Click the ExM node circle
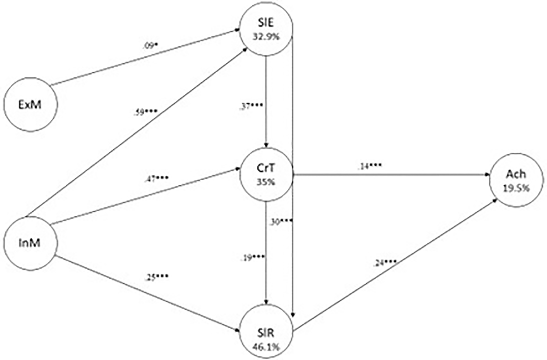[x=30, y=105]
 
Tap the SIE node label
[x=266, y=23]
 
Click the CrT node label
[x=266, y=168]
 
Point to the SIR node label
[x=266, y=333]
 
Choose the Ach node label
[x=516, y=174]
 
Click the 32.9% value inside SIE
[x=266, y=36]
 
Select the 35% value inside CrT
[x=266, y=182]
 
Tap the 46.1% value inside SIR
[x=266, y=347]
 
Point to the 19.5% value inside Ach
[x=516, y=188]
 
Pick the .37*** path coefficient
[x=252, y=107]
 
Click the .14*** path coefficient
[x=369, y=166]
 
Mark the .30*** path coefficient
[x=281, y=221]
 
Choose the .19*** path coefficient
[x=252, y=258]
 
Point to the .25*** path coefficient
[x=156, y=277]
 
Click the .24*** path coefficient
[x=384, y=263]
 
